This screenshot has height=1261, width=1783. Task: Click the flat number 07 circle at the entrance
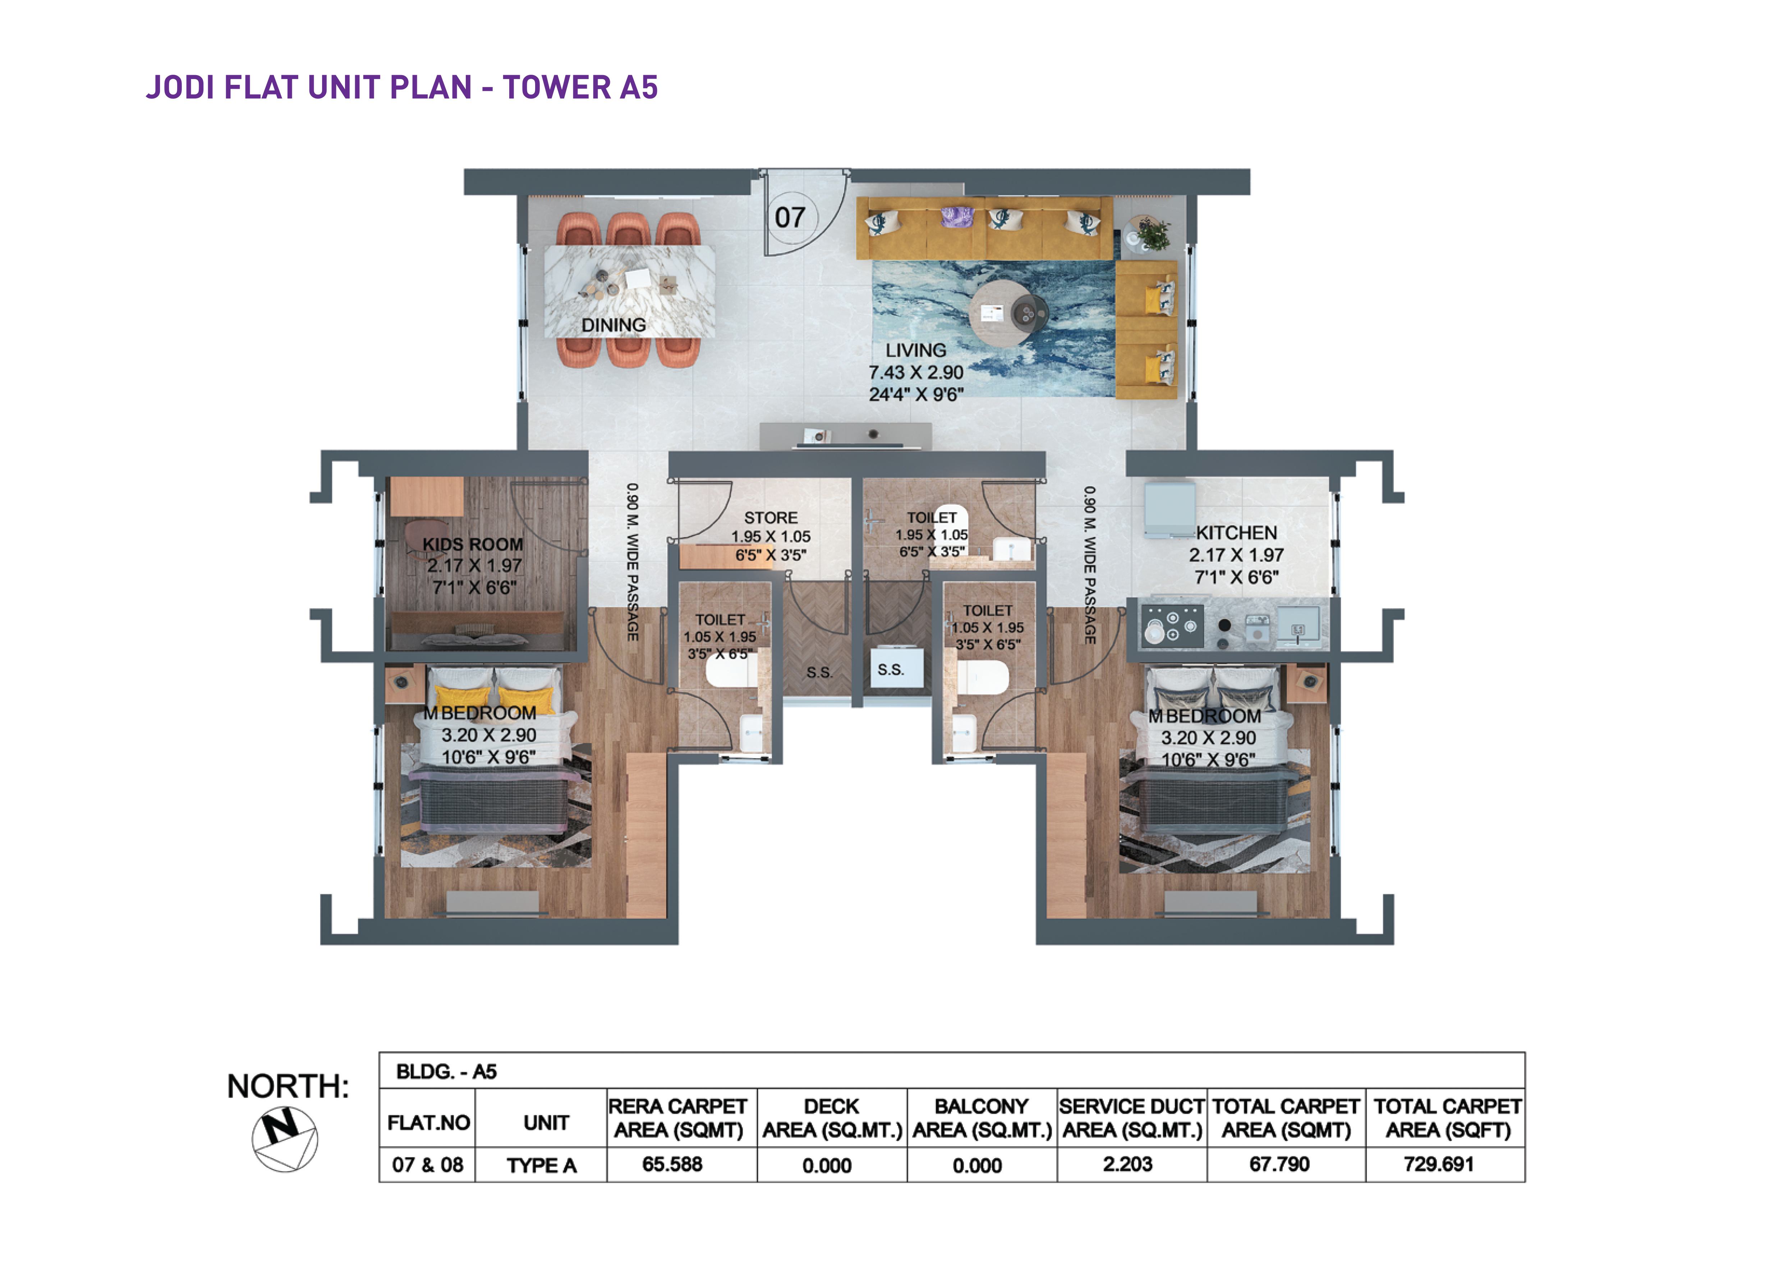tap(791, 217)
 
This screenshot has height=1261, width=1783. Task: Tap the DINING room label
tap(614, 325)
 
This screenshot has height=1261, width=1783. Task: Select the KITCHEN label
tap(1236, 533)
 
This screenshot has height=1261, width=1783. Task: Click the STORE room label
tap(770, 517)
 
